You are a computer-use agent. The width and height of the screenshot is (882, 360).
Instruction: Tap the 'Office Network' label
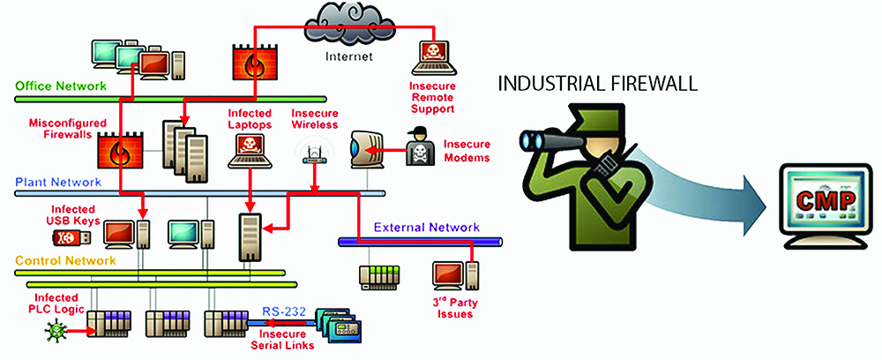61,86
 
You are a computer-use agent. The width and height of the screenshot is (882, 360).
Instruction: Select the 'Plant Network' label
57,183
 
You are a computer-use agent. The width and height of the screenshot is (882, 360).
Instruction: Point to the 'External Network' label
427,227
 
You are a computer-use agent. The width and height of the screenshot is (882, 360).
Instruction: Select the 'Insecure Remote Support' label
431,97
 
